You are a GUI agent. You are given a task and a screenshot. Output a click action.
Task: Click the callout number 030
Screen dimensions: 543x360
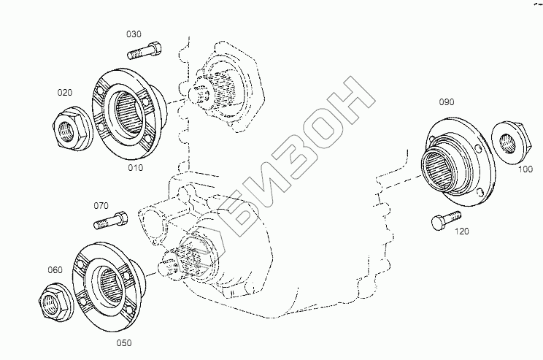pyautogui.click(x=134, y=34)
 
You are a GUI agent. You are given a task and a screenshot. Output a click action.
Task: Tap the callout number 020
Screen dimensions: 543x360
pyautogui.click(x=65, y=93)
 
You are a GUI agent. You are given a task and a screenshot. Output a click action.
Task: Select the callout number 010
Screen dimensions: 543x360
pyautogui.click(x=136, y=168)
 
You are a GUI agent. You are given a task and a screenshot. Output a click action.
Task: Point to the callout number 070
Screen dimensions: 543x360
pyautogui.click(x=101, y=206)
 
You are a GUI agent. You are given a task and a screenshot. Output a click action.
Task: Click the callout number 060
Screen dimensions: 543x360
pyautogui.click(x=55, y=270)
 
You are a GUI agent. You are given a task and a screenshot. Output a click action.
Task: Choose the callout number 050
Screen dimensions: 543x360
pyautogui.click(x=124, y=343)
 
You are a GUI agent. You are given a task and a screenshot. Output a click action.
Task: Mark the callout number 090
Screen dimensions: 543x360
pyautogui.click(x=447, y=102)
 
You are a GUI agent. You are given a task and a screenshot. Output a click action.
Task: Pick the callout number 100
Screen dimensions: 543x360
pyautogui.click(x=525, y=169)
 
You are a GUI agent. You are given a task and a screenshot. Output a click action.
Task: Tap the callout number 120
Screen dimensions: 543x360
pyautogui.click(x=461, y=231)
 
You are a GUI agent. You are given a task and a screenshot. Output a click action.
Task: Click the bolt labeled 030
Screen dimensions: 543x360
pyautogui.click(x=144, y=50)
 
